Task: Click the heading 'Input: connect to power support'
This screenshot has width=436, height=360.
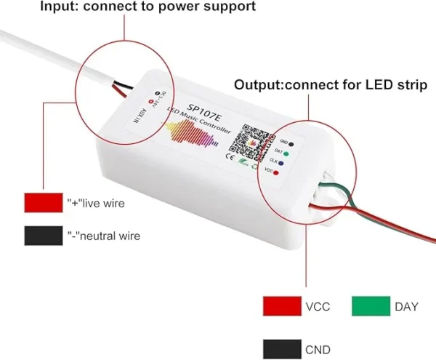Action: click(x=128, y=7)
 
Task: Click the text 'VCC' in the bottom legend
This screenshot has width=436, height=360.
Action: click(x=318, y=307)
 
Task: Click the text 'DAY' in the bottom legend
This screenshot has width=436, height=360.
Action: click(x=405, y=307)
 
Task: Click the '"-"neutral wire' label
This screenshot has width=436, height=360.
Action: click(x=103, y=236)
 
